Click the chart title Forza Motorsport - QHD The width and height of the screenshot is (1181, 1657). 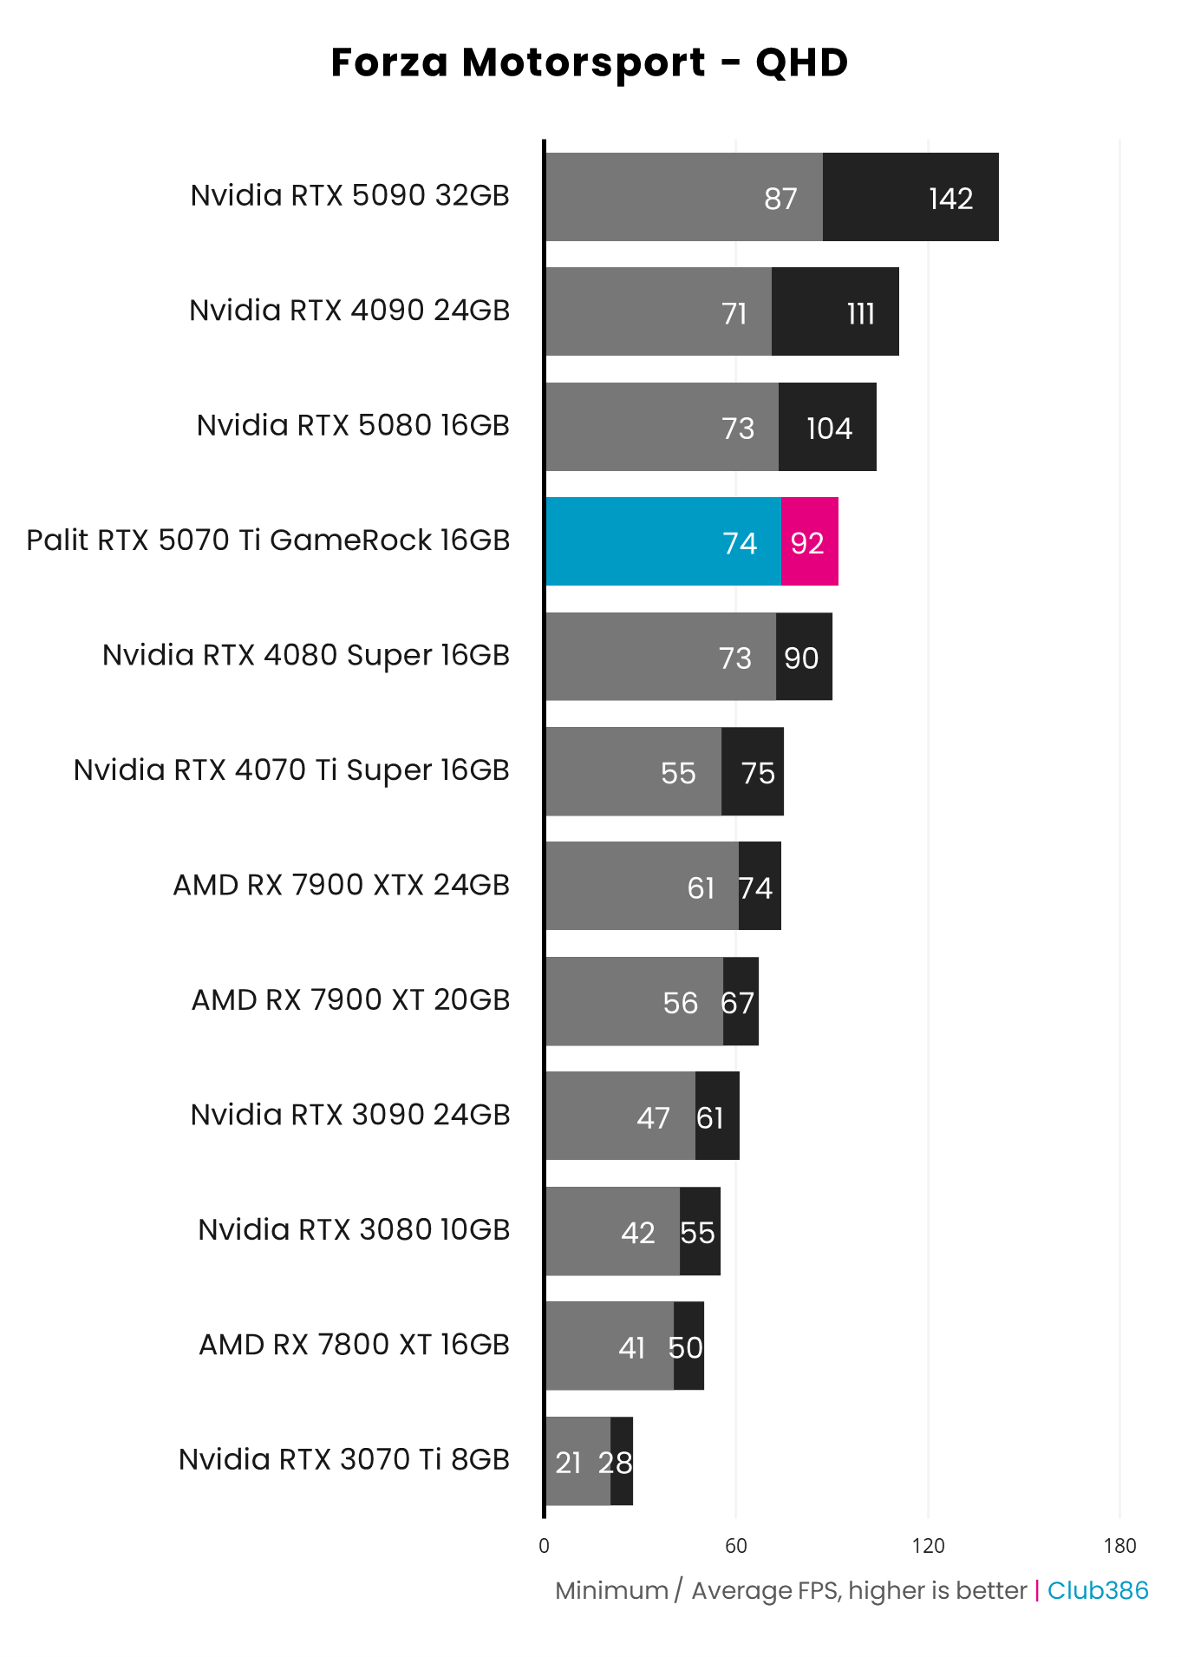590,62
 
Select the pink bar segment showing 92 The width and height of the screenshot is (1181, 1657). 809,542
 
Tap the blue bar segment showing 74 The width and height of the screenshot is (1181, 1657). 663,542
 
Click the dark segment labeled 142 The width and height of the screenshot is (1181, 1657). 910,198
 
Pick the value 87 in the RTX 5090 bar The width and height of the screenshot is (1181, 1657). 780,199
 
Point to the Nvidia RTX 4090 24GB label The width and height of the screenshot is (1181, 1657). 349,311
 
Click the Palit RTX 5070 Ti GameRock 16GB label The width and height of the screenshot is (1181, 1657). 268,540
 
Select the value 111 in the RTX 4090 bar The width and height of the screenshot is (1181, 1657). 860,313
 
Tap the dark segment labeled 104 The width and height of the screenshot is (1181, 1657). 827,428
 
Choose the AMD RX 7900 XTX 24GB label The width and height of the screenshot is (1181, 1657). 342,885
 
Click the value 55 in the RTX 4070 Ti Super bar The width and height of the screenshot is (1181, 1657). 678,773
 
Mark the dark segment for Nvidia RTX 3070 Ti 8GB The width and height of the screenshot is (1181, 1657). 622,1462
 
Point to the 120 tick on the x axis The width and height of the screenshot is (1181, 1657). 928,1546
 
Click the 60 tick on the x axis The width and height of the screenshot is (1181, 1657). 736,1546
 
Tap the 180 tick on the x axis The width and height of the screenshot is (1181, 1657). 1119,1546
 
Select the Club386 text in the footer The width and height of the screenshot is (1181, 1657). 1098,1590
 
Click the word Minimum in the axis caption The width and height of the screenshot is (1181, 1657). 611,1590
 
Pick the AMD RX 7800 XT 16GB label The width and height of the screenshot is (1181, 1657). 354,1345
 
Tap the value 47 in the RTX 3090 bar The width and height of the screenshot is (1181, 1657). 653,1117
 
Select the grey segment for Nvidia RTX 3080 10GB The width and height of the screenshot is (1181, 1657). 612,1231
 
